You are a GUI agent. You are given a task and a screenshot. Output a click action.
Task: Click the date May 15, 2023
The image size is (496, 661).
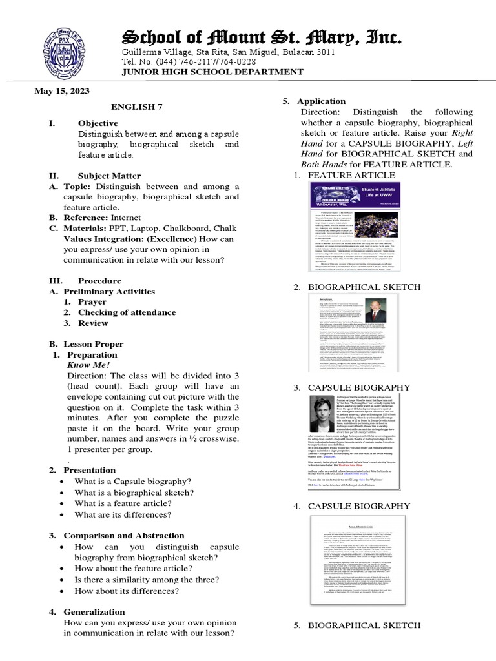click(x=62, y=91)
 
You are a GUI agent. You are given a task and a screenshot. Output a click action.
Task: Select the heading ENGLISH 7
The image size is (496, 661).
click(x=134, y=107)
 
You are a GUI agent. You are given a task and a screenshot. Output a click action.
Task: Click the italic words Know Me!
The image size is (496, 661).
click(x=88, y=365)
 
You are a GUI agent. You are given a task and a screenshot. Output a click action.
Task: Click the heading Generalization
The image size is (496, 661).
click(x=94, y=611)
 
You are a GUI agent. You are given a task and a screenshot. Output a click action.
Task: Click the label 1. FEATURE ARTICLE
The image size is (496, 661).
click(x=342, y=175)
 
